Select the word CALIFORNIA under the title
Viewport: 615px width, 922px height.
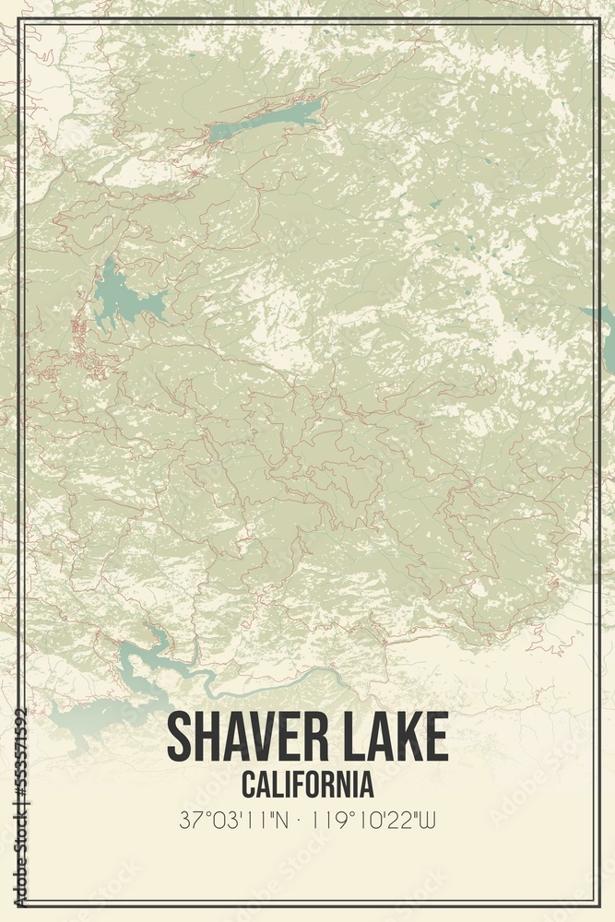click(308, 785)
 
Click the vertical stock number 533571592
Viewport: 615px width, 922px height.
click(20, 807)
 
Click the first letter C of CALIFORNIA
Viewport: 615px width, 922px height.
click(249, 785)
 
